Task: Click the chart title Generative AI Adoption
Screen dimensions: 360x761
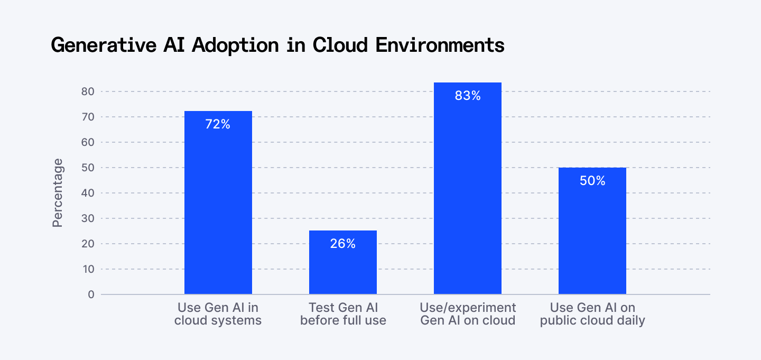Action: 277,45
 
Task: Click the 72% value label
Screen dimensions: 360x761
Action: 218,125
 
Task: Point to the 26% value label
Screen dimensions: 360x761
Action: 343,244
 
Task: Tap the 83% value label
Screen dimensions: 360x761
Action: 468,96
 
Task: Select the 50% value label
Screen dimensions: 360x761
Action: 592,181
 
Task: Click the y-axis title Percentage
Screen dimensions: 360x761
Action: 58,193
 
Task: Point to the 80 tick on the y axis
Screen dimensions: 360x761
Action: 88,91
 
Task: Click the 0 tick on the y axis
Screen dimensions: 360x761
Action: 91,294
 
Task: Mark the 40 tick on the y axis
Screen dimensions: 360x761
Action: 88,193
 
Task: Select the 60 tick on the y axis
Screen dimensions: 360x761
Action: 88,142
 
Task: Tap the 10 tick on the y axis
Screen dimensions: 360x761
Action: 88,269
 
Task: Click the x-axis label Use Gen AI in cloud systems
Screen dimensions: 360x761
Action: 218,314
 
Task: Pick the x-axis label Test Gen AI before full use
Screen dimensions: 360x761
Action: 343,314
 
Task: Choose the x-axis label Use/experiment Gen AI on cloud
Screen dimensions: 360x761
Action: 468,314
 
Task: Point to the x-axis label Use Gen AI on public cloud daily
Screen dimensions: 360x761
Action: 592,314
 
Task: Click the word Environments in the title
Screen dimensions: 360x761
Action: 440,45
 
